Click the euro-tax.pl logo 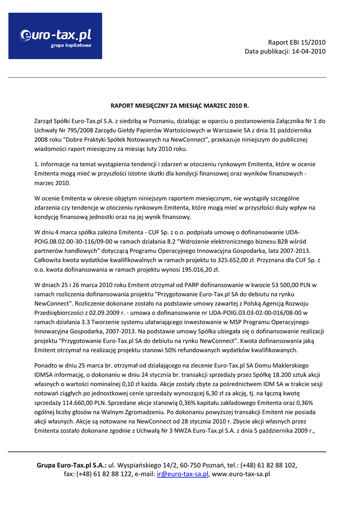55,36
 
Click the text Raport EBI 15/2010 297,42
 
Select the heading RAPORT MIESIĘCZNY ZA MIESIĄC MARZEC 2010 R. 179,106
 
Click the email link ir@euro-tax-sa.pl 182,474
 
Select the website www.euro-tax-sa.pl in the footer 241,474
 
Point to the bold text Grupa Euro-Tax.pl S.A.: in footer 72,465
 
